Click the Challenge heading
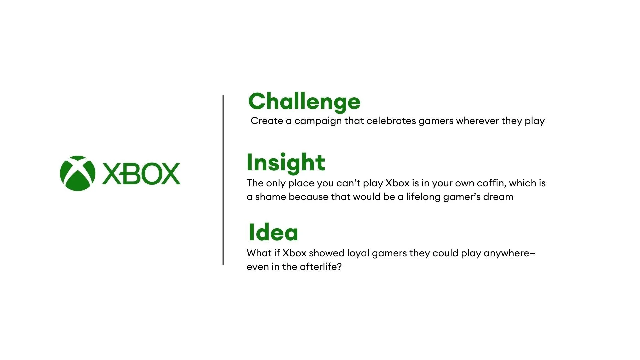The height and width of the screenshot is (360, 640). click(x=304, y=102)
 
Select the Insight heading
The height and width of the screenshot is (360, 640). click(x=286, y=163)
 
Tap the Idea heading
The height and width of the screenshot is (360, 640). click(x=273, y=233)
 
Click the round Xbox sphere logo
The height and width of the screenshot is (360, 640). click(x=78, y=173)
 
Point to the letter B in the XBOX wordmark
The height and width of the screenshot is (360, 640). click(x=132, y=174)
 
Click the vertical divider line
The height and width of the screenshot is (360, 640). click(x=223, y=180)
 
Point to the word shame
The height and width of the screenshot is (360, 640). click(x=270, y=197)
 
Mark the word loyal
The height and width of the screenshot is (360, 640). click(x=358, y=253)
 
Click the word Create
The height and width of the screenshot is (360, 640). click(x=267, y=121)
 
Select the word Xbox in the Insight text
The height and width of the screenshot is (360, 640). click(x=397, y=183)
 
